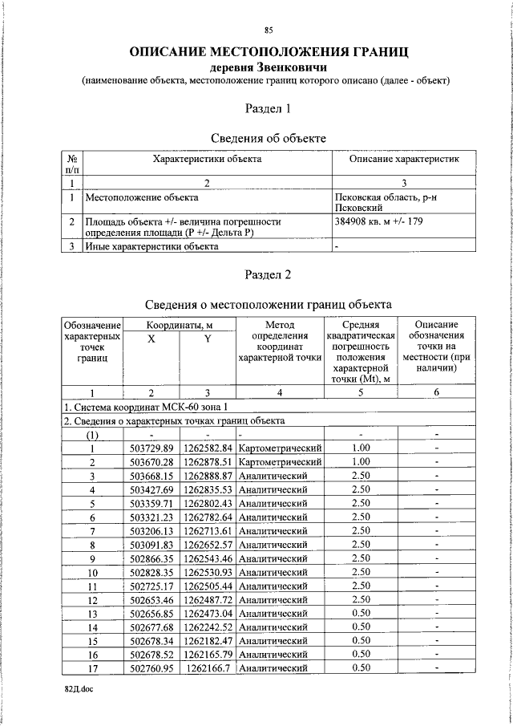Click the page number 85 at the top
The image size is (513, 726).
(x=268, y=30)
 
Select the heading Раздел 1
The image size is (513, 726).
(x=268, y=107)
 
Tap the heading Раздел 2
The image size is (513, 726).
(x=268, y=274)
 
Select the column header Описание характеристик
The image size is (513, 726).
(x=403, y=160)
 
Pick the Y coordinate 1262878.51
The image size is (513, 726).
(x=208, y=462)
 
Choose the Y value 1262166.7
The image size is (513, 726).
(x=208, y=667)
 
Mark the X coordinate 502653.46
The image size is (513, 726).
(x=151, y=599)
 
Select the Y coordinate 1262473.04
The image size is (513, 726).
(x=208, y=613)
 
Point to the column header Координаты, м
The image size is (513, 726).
(x=179, y=325)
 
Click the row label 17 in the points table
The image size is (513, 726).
(x=92, y=667)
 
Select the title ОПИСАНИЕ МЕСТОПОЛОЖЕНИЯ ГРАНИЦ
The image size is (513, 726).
(x=268, y=51)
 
